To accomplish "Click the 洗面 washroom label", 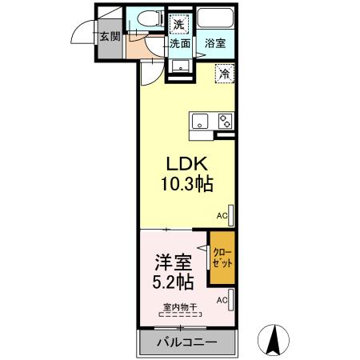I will click(179, 44).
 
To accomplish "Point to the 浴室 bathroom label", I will click(214, 44).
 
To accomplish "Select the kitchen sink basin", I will click(200, 122).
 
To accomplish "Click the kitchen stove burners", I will click(224, 122).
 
